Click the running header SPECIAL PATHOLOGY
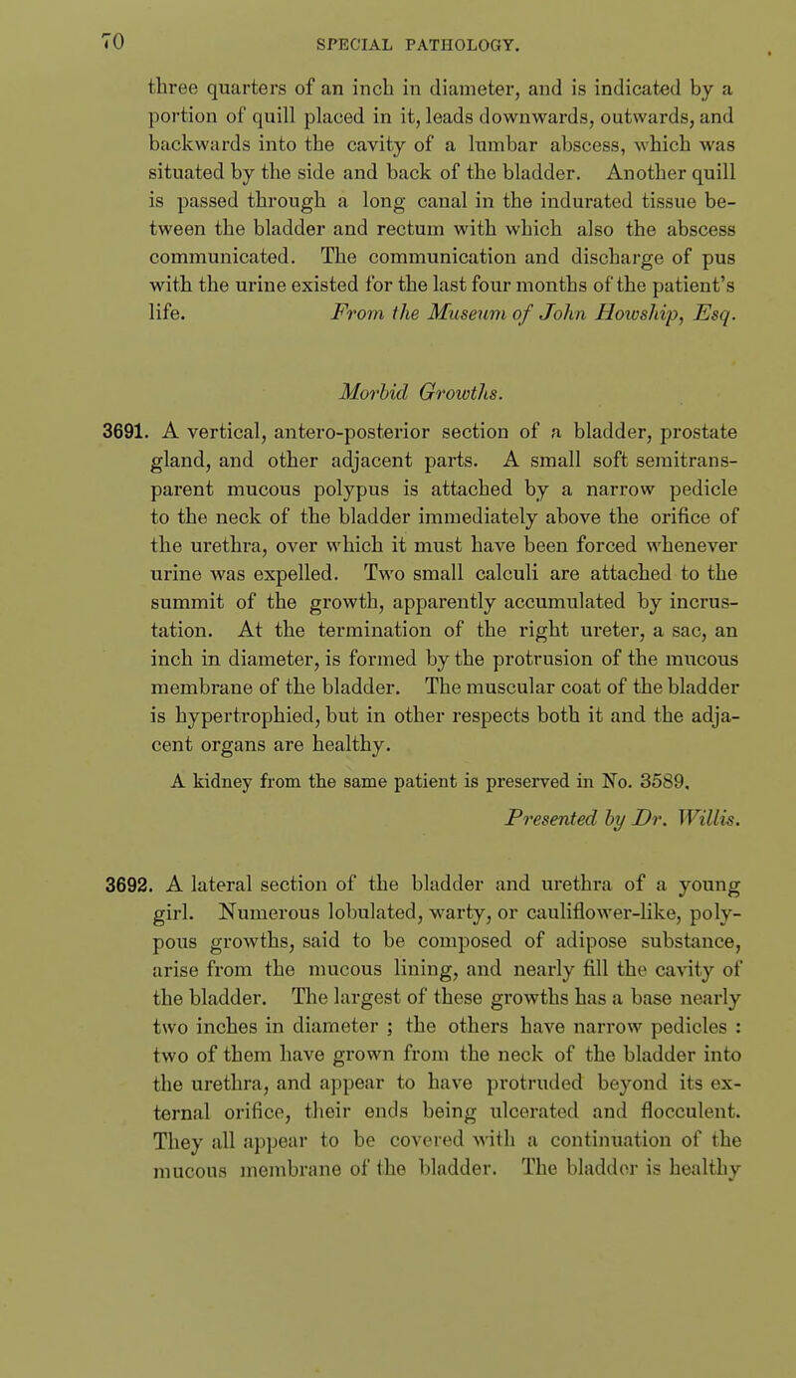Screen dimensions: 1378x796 click(398, 15)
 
